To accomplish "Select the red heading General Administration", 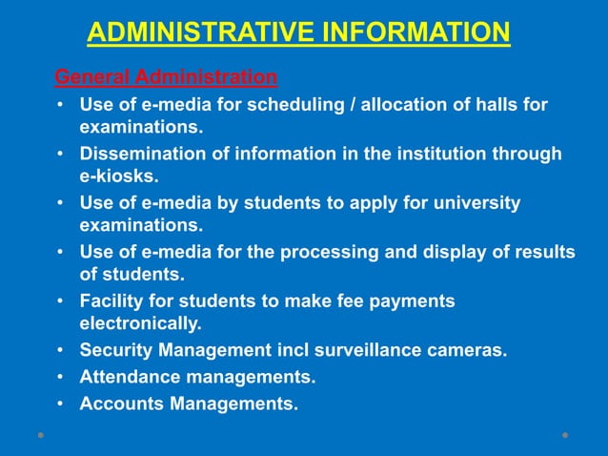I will [x=167, y=76].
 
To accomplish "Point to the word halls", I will [x=493, y=103].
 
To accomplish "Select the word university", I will [x=476, y=203].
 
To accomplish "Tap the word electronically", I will [x=141, y=324].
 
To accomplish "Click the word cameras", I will [x=471, y=350].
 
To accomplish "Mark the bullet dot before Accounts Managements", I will [x=60, y=404].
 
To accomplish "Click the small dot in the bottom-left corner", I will [x=41, y=435].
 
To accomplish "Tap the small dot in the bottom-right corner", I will [x=565, y=435].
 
